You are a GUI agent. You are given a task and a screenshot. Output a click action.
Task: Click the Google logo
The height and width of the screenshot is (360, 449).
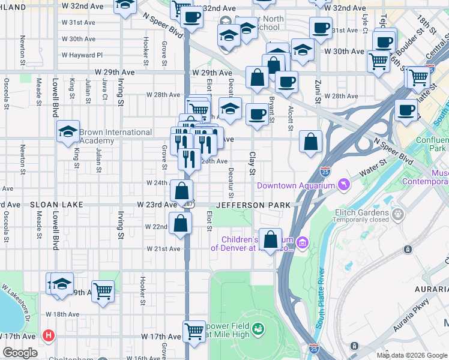(20, 353)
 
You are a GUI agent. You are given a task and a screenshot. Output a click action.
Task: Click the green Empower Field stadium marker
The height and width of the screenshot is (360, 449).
(258, 329)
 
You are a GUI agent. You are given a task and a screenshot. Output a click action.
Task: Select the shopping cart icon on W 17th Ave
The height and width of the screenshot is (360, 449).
(194, 330)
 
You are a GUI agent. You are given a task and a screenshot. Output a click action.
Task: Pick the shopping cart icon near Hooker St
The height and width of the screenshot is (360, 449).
(103, 291)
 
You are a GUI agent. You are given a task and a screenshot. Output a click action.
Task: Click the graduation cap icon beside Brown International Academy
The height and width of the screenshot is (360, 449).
(68, 131)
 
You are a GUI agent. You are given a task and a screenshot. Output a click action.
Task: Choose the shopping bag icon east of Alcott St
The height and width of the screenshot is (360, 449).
(311, 142)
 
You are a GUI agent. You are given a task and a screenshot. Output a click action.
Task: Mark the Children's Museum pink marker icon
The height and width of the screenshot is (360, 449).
(303, 242)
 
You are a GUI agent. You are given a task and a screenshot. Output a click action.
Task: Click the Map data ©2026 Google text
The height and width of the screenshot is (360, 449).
(411, 355)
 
